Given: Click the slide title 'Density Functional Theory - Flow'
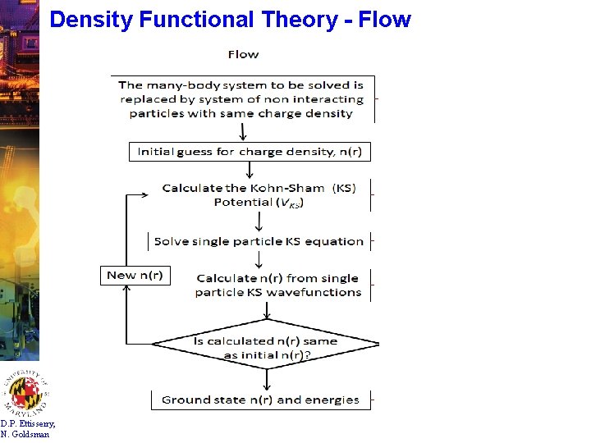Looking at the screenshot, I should [230, 19].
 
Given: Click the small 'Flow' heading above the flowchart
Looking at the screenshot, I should [243, 54].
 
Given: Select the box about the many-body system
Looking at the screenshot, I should [244, 98].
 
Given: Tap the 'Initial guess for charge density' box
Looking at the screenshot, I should [249, 152].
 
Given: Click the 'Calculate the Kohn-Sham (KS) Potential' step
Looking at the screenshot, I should [259, 194].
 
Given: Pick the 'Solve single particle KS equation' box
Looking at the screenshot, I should [259, 241].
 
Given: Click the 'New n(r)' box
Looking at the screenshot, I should [135, 275].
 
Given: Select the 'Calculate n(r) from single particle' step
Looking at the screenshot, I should [278, 284].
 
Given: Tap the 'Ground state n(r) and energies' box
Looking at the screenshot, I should [260, 400].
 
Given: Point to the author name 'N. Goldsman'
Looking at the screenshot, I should [25, 434].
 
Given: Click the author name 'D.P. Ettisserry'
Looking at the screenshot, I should [28, 423].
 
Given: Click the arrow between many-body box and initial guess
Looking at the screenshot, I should [243, 132].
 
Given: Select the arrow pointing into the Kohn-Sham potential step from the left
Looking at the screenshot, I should [140, 195].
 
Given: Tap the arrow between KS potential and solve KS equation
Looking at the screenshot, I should [259, 221].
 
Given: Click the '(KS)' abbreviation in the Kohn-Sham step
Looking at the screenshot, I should [345, 188].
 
